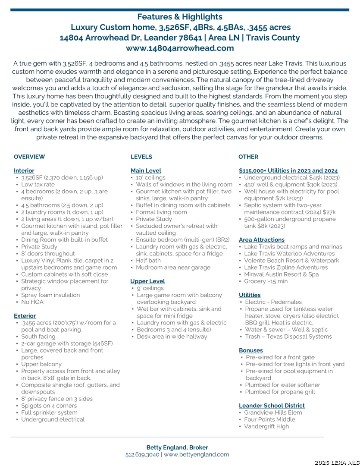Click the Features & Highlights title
(180, 17)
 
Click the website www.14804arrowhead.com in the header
(180, 48)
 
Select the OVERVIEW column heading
(29, 157)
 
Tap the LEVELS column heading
(141, 157)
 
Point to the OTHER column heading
(248, 157)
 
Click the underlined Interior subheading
(24, 170)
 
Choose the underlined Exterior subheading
(25, 316)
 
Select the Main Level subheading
(146, 170)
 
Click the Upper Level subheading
(147, 281)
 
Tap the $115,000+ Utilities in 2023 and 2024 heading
(288, 170)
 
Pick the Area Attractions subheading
(262, 239)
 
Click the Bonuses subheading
(251, 350)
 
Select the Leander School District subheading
(272, 406)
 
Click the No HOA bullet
(32, 302)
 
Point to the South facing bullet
(38, 337)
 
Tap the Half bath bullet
(148, 261)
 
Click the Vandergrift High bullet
(266, 426)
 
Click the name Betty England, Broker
(177, 447)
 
